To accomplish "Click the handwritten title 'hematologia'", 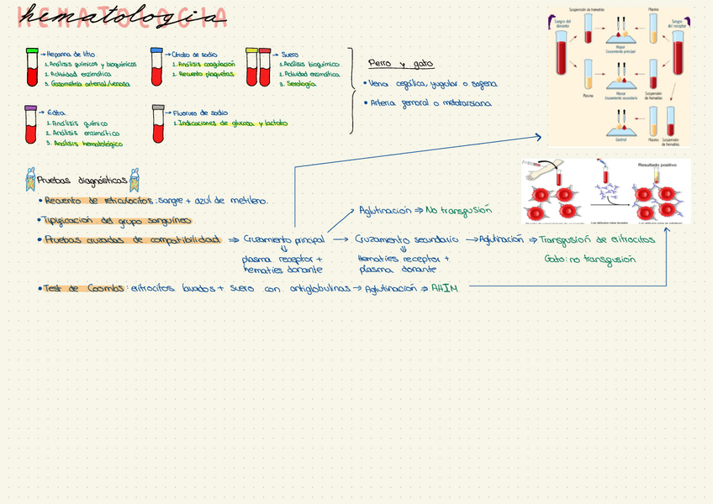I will coord(122,17).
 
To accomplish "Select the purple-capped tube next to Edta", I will coord(31,123).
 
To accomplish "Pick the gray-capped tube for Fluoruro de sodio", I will coord(157,123).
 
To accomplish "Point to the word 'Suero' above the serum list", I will coord(290,55).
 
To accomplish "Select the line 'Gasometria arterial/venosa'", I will coord(87,84).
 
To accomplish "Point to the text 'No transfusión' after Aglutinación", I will coord(458,211).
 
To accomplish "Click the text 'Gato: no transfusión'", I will coord(589,260).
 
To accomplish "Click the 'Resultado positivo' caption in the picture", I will coord(657,165).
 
